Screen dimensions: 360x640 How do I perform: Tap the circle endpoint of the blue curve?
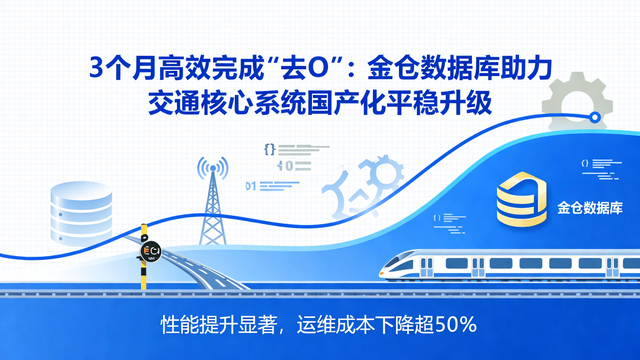click(x=595, y=117)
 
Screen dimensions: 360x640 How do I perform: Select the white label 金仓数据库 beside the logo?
click(x=590, y=208)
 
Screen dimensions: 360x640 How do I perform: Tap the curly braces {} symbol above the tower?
click(x=269, y=150)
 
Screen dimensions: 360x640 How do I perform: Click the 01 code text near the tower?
click(x=251, y=186)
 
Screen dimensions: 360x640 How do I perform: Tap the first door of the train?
click(x=426, y=267)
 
